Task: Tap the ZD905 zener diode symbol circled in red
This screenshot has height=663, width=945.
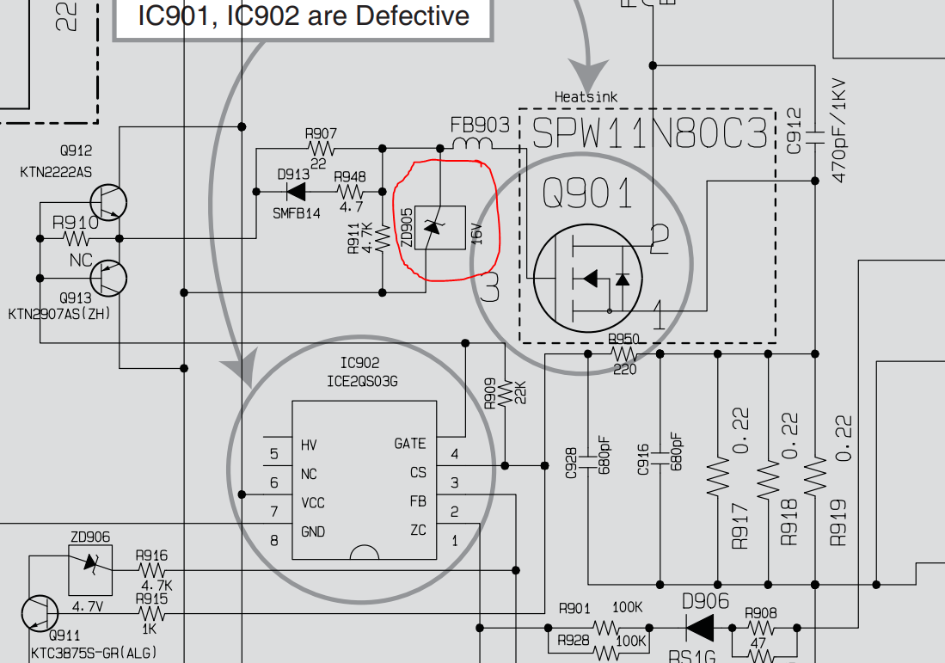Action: click(439, 227)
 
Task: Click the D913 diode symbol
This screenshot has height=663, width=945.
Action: click(296, 191)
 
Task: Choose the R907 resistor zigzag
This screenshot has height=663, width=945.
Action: click(321, 148)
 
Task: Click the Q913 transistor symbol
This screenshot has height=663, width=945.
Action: click(108, 277)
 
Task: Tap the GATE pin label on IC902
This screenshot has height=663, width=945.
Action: click(409, 444)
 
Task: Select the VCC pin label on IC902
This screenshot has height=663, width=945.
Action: click(313, 503)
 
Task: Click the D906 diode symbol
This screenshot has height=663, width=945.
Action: click(700, 629)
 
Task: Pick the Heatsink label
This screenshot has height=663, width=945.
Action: click(586, 97)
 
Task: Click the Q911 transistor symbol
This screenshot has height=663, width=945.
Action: click(40, 613)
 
